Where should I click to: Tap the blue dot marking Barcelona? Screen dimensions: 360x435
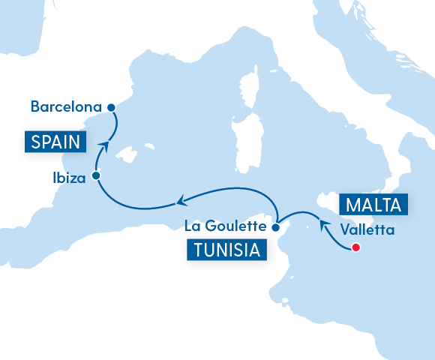112,107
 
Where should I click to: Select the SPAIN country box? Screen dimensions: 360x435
55,140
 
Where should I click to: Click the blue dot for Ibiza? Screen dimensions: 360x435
96,176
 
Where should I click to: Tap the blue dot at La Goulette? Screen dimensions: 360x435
275,226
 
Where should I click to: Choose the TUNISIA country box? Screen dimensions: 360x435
227,250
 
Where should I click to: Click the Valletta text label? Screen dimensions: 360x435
367,229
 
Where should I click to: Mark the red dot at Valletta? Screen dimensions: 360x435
356,247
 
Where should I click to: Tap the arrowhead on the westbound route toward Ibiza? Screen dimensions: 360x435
181,200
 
